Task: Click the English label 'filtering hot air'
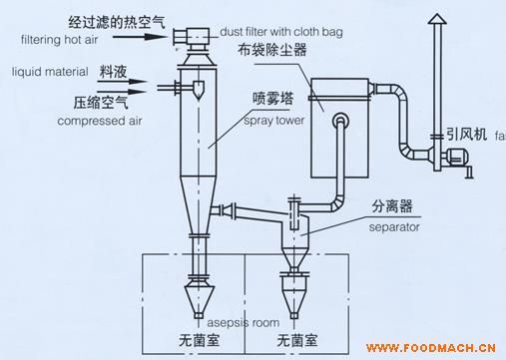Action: click(59, 40)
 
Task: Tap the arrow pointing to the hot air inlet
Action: click(140, 36)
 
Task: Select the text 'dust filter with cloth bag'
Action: click(281, 32)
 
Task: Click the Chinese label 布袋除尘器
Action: click(271, 50)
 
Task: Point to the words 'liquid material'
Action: click(50, 72)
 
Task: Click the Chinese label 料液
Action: click(113, 72)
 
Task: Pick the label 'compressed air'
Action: click(100, 121)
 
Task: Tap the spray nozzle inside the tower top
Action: click(199, 90)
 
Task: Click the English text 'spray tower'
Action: click(273, 121)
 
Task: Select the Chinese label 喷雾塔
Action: click(273, 99)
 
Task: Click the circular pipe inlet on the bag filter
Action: click(340, 120)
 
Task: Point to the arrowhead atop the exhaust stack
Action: click(437, 19)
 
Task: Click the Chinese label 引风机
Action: click(466, 135)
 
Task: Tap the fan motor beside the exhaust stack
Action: click(457, 157)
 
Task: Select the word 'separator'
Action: click(394, 227)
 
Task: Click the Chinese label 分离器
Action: click(392, 206)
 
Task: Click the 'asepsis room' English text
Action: click(244, 322)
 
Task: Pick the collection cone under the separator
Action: click(293, 297)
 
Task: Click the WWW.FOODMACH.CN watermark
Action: click(431, 348)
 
